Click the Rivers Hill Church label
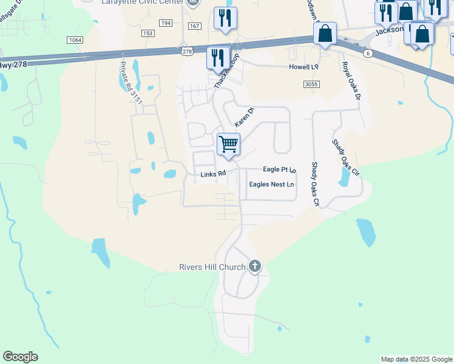212,267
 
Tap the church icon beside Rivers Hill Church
255,266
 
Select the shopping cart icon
228,145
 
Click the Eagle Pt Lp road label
279,170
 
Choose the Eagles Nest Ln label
271,184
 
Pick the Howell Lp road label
303,67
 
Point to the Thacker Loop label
226,71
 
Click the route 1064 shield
75,39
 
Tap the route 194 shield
166,22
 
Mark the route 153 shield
147,33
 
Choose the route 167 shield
195,26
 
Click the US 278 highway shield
187,52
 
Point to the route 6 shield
368,53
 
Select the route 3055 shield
311,84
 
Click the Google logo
20,357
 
